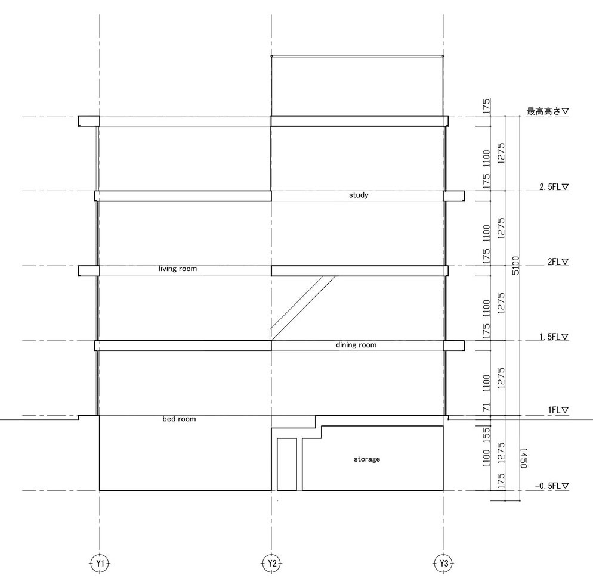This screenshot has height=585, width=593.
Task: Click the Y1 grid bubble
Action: tap(100, 564)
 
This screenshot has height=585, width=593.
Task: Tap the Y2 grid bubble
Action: tap(272, 564)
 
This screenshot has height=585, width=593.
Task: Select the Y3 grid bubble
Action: tap(444, 564)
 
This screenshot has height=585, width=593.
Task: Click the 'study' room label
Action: tap(359, 195)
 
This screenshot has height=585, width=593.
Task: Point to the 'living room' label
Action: tap(178, 269)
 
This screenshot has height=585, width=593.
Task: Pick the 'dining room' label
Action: tap(356, 345)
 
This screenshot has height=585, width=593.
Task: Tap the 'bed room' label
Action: tap(179, 419)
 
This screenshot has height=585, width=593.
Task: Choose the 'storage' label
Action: tap(367, 459)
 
